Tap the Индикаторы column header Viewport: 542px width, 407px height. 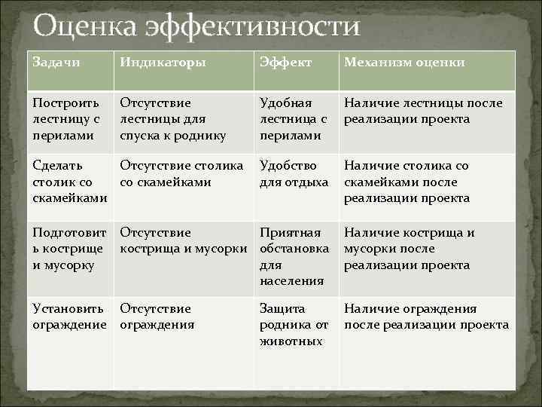(x=163, y=62)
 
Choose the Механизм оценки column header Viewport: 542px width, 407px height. (x=404, y=62)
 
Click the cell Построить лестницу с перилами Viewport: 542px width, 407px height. (x=67, y=119)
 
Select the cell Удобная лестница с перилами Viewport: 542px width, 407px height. (x=293, y=119)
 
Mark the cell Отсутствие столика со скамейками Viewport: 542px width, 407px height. (x=181, y=173)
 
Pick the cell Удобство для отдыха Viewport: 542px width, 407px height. (x=294, y=173)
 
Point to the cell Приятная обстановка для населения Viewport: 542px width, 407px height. (x=294, y=257)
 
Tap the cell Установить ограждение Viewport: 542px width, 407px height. (x=69, y=317)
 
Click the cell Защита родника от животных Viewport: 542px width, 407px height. (x=294, y=325)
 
